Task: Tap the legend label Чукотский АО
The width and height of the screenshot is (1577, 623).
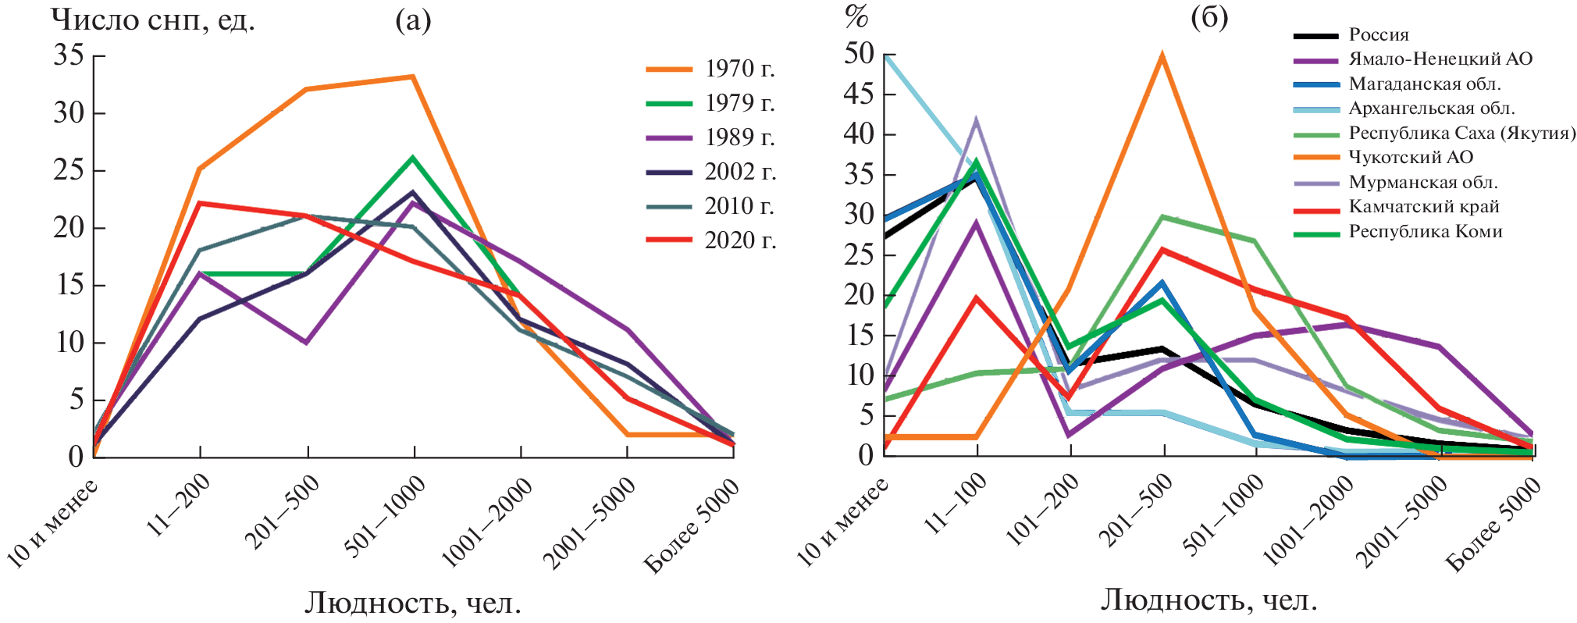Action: (x=1411, y=157)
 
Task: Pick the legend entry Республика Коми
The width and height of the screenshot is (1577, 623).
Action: (x=1425, y=231)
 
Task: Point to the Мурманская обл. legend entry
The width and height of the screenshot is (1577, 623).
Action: (x=1422, y=182)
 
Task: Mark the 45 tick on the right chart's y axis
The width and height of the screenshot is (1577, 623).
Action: (x=859, y=94)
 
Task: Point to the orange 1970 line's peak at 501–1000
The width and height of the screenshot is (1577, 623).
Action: (x=413, y=77)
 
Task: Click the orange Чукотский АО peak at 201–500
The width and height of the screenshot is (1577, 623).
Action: (x=1162, y=56)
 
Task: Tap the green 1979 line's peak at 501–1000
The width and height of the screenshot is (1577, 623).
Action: (x=413, y=158)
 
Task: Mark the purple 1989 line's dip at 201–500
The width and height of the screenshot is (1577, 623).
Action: (x=307, y=342)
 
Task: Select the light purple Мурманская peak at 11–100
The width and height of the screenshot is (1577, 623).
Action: (x=976, y=120)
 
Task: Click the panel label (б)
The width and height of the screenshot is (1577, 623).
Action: (x=1209, y=17)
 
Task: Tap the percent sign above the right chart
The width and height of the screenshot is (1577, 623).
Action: (x=856, y=17)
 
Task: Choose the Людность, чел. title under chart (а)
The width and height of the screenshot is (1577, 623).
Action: (x=412, y=603)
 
